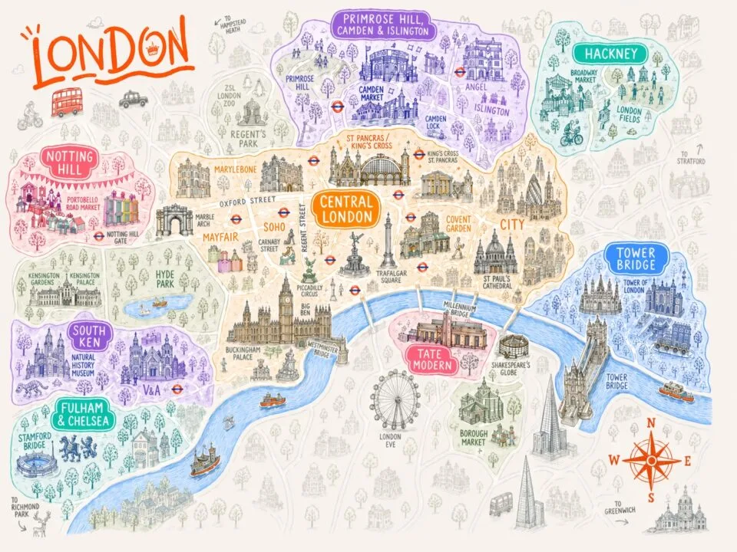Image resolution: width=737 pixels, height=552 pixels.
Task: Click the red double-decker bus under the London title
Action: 67,101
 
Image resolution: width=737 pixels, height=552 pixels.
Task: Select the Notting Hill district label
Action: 70,163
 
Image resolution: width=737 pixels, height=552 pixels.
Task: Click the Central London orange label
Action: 345,209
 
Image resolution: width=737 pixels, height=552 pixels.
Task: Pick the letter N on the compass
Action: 652,422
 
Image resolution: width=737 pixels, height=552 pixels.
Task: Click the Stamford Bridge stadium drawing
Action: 38,465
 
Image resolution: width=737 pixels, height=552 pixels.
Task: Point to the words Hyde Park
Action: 165,278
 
